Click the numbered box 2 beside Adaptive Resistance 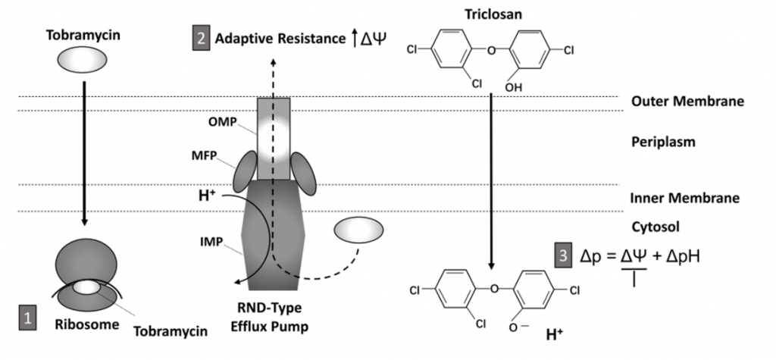tap(202, 39)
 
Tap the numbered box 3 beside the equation tap(562, 256)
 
